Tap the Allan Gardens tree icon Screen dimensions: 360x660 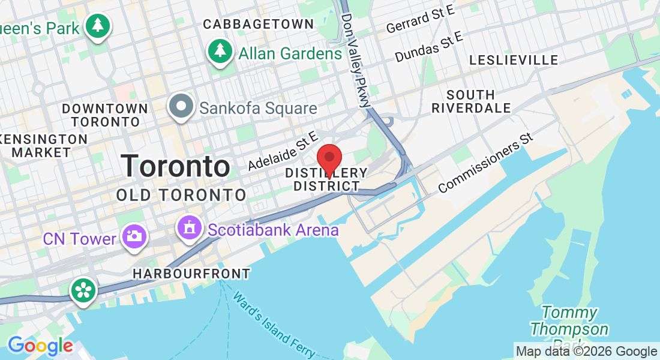[220, 51]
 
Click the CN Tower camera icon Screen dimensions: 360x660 [133, 235]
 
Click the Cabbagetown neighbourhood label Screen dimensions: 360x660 [258, 24]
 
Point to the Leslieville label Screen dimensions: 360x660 [514, 60]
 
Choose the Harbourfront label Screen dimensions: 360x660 [191, 274]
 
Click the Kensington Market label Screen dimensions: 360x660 [42, 146]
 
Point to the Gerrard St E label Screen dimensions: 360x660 [421, 19]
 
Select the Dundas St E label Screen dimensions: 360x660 [429, 47]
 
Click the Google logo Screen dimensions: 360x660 [40, 346]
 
